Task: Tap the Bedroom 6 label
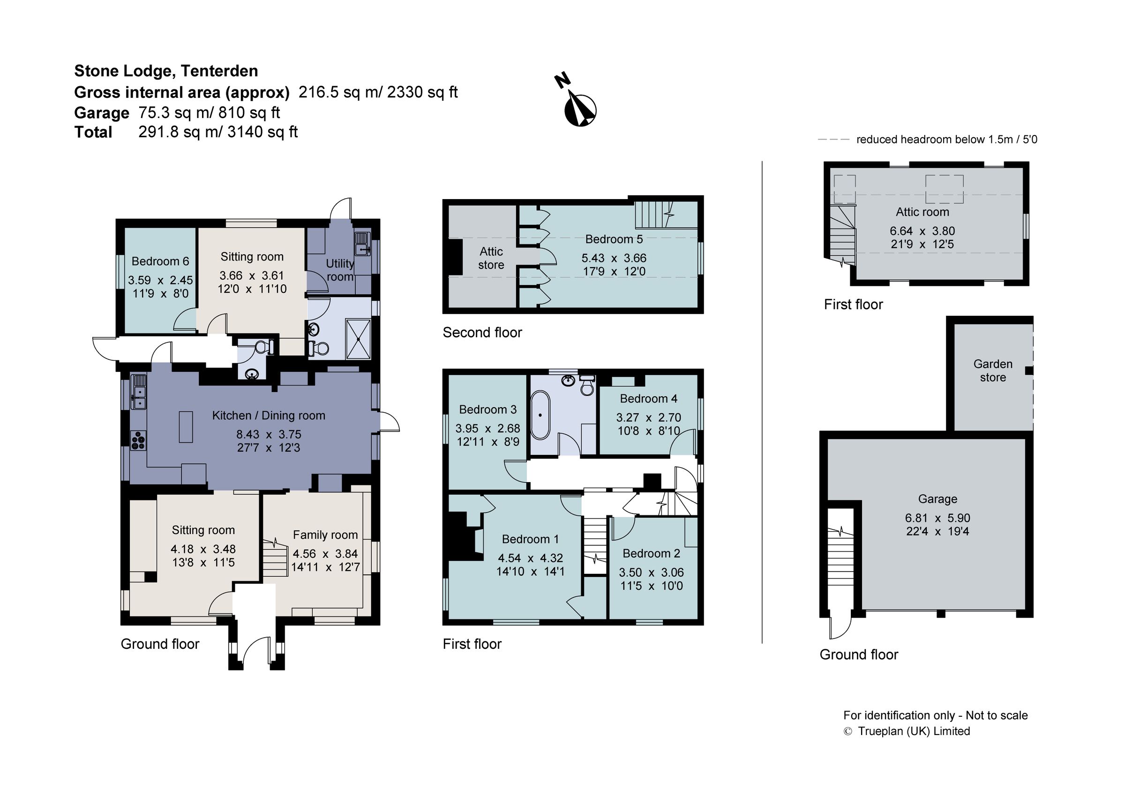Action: [x=160, y=261]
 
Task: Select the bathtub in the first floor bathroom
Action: [x=540, y=415]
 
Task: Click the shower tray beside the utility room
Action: [x=359, y=339]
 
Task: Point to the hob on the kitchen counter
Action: [x=139, y=440]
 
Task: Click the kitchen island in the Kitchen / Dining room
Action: [x=186, y=427]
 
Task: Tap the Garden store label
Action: [x=993, y=371]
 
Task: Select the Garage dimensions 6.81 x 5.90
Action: [x=937, y=518]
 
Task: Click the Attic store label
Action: [x=491, y=258]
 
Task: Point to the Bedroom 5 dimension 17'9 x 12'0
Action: [x=614, y=272]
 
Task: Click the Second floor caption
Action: [x=482, y=333]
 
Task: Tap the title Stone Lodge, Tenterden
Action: [x=166, y=71]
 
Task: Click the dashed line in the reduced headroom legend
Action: [x=833, y=140]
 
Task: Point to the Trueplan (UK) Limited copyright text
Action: [x=913, y=731]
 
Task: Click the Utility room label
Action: [x=340, y=270]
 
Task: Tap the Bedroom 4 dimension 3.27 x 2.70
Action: [x=648, y=418]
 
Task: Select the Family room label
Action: [x=325, y=535]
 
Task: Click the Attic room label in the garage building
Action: [x=922, y=212]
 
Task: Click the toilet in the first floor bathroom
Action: [x=586, y=386]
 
